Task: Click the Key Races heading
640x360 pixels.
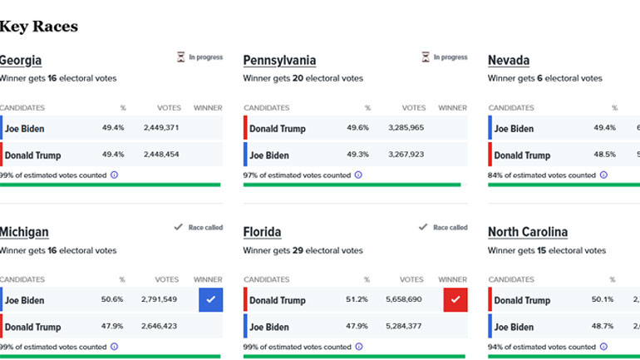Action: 39,27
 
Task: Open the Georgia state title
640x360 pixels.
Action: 21,61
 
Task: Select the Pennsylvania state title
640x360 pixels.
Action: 279,61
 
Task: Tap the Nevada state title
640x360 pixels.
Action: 509,61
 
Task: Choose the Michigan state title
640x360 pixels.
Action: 24,233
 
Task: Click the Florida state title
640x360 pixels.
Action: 263,233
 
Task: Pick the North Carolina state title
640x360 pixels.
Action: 528,233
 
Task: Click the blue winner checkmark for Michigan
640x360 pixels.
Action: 210,300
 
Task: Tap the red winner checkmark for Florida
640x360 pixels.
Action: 455,300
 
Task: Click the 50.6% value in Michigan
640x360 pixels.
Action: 111,300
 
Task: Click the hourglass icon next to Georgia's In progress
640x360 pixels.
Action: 181,57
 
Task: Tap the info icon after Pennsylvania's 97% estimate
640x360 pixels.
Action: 358,175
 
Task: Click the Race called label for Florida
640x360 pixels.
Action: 450,228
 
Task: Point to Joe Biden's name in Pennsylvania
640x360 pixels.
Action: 269,155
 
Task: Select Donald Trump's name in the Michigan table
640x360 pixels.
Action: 33,327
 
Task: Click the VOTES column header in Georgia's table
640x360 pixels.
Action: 169,108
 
